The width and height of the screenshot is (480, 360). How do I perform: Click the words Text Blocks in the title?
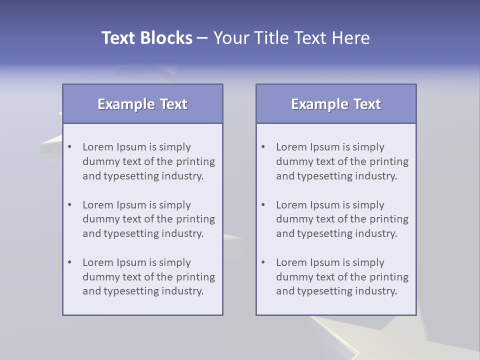146,38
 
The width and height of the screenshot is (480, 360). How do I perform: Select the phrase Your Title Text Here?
291,38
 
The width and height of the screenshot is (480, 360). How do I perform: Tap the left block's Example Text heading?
142,104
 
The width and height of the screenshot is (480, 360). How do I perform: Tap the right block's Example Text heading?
336,104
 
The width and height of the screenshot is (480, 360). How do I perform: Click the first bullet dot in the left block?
70,147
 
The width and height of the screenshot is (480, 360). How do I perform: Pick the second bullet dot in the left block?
70,205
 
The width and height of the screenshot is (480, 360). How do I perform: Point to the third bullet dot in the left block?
70,262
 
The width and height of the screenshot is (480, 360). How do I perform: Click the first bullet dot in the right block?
263,147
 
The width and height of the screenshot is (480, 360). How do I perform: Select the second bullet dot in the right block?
263,205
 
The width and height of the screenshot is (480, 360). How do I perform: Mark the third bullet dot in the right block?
263,262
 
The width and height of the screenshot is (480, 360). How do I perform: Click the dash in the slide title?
202,38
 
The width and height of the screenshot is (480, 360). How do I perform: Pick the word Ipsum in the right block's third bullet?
324,263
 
